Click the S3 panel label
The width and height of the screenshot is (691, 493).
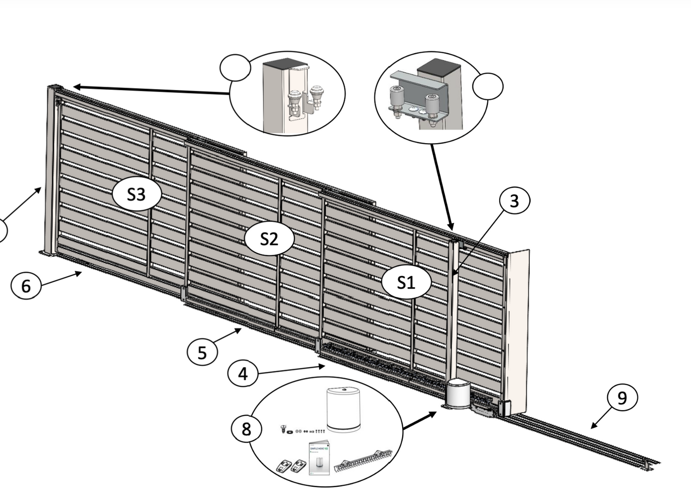point(136,194)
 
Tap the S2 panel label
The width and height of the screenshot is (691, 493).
point(269,238)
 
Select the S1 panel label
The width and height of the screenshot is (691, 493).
point(406,282)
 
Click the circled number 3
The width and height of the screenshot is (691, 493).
point(515,201)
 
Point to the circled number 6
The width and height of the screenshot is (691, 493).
point(26,286)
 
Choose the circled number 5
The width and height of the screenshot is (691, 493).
point(202,352)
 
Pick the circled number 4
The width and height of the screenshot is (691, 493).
point(243,373)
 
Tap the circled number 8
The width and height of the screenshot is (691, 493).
point(246,428)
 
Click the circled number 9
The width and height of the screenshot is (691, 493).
point(622,398)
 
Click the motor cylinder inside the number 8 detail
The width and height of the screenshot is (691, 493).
point(343,410)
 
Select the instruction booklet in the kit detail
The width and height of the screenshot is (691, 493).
point(319,457)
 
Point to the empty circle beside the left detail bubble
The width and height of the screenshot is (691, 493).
point(235,67)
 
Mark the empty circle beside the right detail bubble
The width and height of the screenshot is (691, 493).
point(488,87)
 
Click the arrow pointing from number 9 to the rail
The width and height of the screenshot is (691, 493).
point(600,420)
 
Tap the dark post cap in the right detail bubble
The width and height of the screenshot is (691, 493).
point(439,67)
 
